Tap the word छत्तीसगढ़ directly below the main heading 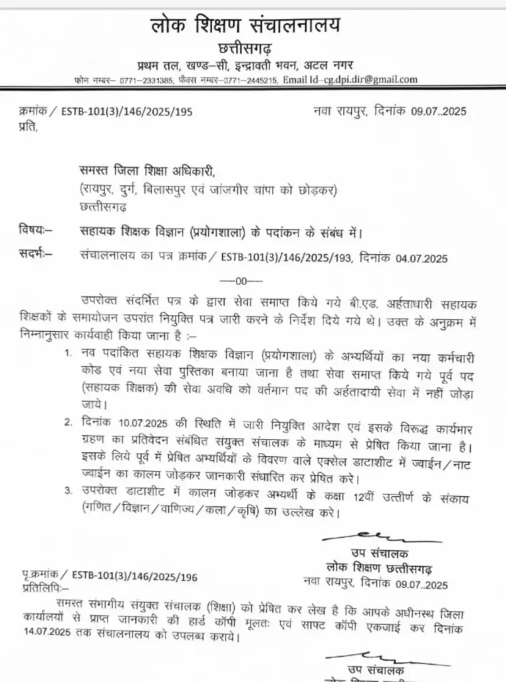(x=245, y=49)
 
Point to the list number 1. (x=68, y=351)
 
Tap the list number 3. (x=68, y=492)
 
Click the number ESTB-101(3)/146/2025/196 (x=134, y=575)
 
